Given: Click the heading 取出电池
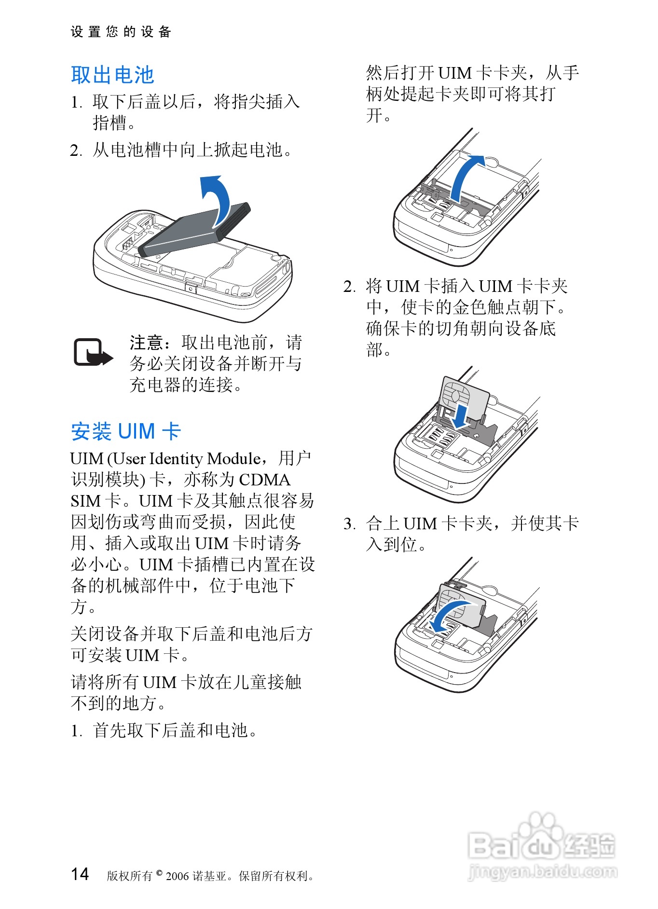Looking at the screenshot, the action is (x=112, y=75).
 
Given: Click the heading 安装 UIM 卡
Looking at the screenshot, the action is (x=126, y=431).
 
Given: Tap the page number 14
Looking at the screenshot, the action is (x=80, y=874).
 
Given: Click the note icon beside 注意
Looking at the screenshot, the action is (x=93, y=353).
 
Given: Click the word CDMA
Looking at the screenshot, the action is (x=265, y=480).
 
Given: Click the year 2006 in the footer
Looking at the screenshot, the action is (x=178, y=876).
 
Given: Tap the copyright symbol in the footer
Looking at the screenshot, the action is (x=159, y=873).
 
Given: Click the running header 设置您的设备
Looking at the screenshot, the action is (x=121, y=32).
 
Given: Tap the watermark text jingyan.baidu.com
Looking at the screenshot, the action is (x=542, y=871).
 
